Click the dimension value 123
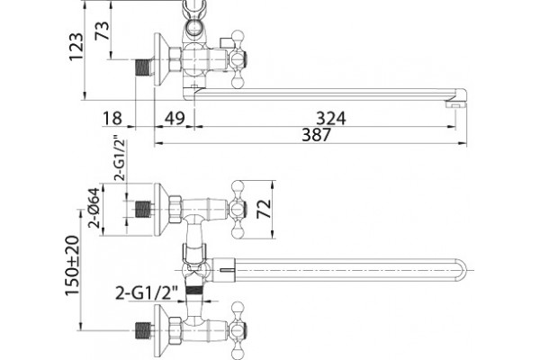pos(76,47)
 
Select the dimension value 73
pos(103,30)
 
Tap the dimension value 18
pos(112,118)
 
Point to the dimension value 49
pos(175,118)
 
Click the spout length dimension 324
pos(331,118)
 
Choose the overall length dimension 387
pos(316,134)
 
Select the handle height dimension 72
pos(265,209)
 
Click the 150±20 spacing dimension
pos(73,265)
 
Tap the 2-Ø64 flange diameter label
pos(94,208)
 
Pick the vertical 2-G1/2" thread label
pos(121,160)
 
